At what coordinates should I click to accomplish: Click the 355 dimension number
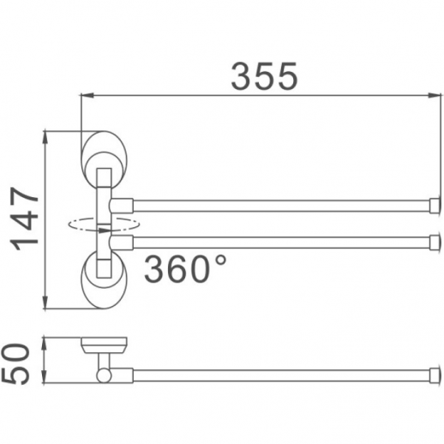click(264, 76)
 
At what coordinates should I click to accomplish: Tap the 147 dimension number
click(24, 219)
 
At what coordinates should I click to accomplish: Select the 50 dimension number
click(15, 363)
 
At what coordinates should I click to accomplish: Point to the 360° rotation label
click(185, 269)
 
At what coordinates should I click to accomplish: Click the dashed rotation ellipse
click(104, 224)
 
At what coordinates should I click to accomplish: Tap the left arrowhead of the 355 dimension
click(87, 95)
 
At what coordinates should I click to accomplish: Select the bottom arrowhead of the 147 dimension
click(45, 303)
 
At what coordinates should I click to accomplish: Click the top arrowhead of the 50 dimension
click(44, 344)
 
